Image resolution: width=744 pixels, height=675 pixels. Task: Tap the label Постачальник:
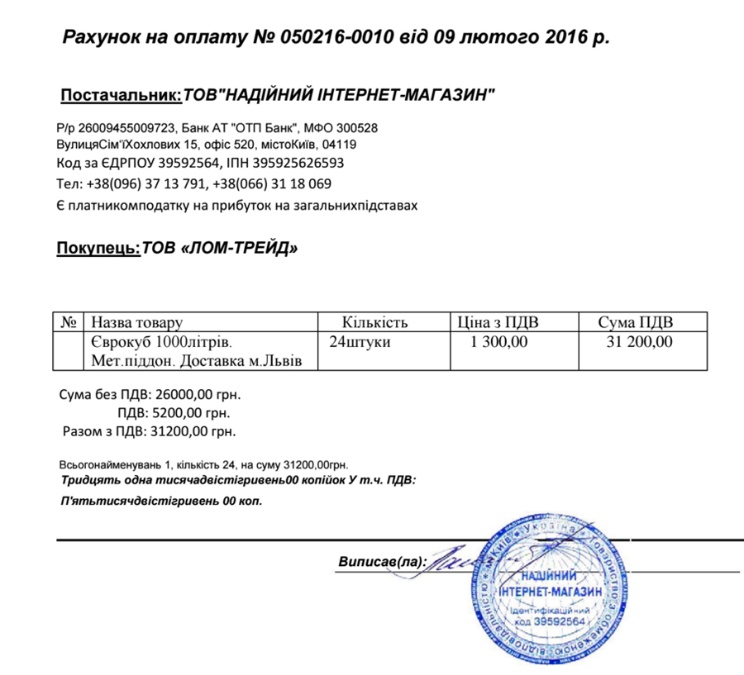click(121, 96)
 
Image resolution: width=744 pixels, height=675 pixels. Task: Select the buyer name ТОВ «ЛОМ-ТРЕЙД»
click(219, 247)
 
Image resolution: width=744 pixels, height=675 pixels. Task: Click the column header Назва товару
click(136, 321)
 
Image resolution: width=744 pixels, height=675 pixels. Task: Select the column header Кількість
click(375, 321)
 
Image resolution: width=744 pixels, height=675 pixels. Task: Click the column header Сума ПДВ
click(640, 321)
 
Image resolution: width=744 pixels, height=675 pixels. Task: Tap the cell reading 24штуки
click(360, 341)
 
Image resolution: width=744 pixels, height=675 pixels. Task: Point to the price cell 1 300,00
click(498, 341)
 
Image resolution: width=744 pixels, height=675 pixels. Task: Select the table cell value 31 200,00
click(640, 341)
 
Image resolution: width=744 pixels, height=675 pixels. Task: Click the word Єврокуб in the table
click(118, 341)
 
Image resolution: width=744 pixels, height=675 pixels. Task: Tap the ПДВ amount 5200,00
click(176, 412)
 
